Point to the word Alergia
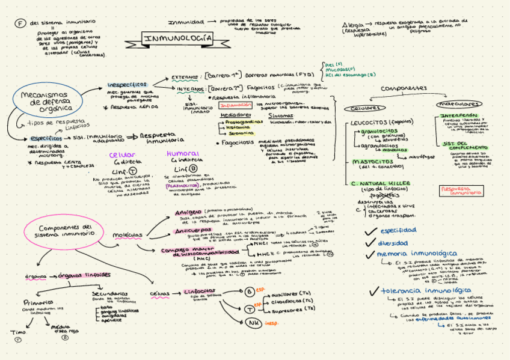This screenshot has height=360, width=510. (x=354, y=25)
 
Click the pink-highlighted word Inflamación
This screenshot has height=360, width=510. (x=236, y=105)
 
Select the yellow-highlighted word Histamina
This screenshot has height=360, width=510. (x=238, y=127)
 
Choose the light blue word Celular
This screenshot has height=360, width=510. (x=121, y=155)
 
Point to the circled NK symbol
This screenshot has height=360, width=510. (x=253, y=323)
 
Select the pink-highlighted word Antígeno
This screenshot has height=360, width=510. (x=188, y=213)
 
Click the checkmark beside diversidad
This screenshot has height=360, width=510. (x=370, y=242)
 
